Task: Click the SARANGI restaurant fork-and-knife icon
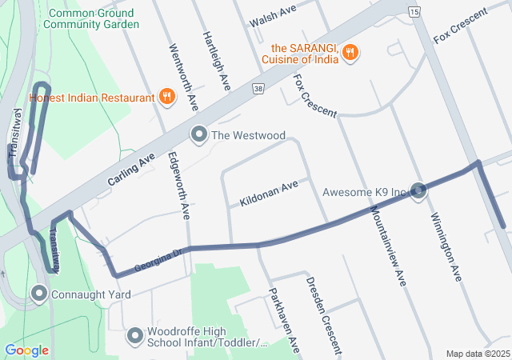point(350,54)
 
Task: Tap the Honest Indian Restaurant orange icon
point(166,98)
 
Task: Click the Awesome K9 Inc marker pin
point(418,191)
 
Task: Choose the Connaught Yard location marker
point(38,294)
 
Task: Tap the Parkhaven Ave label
point(283,320)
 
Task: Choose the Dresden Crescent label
point(324,315)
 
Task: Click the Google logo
point(27,350)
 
